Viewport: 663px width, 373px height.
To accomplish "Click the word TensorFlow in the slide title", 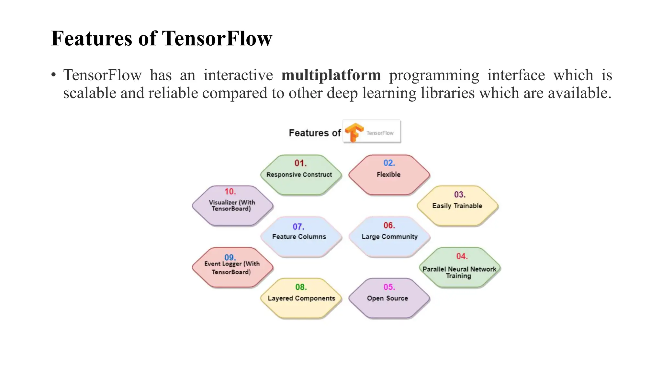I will coord(217,39).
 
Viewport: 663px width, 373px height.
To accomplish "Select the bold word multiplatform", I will coord(331,75).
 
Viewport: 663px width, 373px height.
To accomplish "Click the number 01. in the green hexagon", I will coord(300,163).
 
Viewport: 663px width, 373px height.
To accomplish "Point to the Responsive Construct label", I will coord(299,175).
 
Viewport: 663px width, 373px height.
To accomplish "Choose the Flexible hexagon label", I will coord(388,175).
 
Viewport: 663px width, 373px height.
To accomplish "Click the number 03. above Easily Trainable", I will coord(460,195).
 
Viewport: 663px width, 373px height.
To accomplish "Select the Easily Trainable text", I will coord(457,206).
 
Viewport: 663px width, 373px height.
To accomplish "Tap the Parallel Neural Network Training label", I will coord(459,273).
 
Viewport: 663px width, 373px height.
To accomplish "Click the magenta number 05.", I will coord(389,287).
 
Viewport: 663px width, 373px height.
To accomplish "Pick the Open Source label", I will coord(388,299).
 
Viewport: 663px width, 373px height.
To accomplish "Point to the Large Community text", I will coord(389,237).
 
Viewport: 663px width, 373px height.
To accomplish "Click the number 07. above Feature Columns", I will coord(298,227).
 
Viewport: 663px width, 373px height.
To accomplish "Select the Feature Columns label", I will coord(299,237).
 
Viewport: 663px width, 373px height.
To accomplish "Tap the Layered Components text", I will coord(301,299).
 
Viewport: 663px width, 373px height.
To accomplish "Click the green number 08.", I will coord(301,287).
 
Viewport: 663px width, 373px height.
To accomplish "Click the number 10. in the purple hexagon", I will coord(230,192).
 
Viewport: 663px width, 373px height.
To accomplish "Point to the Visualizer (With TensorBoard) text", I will coord(232,206).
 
